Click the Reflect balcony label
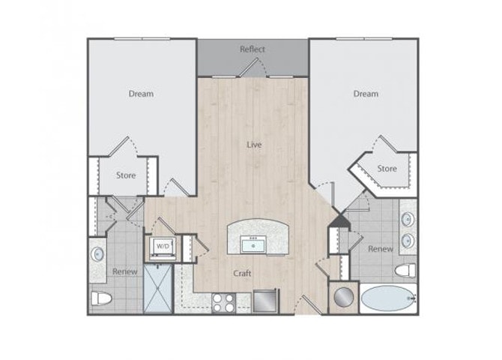(252, 49)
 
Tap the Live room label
(255, 144)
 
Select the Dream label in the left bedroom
(141, 94)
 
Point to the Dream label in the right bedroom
(366, 94)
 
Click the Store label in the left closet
(125, 176)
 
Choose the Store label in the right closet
(387, 169)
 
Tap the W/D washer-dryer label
(162, 246)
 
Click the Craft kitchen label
(241, 274)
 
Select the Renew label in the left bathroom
(124, 271)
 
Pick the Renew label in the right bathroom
(381, 248)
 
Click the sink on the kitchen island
(252, 244)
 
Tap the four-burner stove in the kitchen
(223, 302)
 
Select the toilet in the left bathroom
(101, 299)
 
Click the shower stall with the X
(158, 288)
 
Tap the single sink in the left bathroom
(97, 253)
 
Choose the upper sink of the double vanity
(408, 220)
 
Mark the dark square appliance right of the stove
(264, 301)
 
